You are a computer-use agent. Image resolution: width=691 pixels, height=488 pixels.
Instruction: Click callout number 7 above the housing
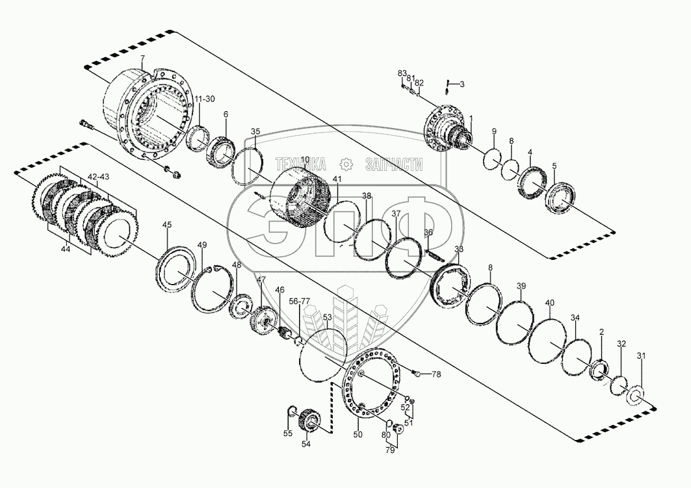(x=143, y=59)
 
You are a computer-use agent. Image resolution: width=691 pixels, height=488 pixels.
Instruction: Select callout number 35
(x=255, y=132)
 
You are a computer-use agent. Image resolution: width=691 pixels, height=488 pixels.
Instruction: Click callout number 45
(x=167, y=225)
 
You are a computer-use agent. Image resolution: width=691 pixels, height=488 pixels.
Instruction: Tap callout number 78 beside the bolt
(x=436, y=374)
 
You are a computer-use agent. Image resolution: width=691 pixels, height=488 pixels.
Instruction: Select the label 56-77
(x=300, y=302)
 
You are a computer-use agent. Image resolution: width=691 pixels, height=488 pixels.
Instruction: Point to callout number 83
(x=402, y=72)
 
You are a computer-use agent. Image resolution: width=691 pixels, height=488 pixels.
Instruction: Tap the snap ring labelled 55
(x=292, y=411)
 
